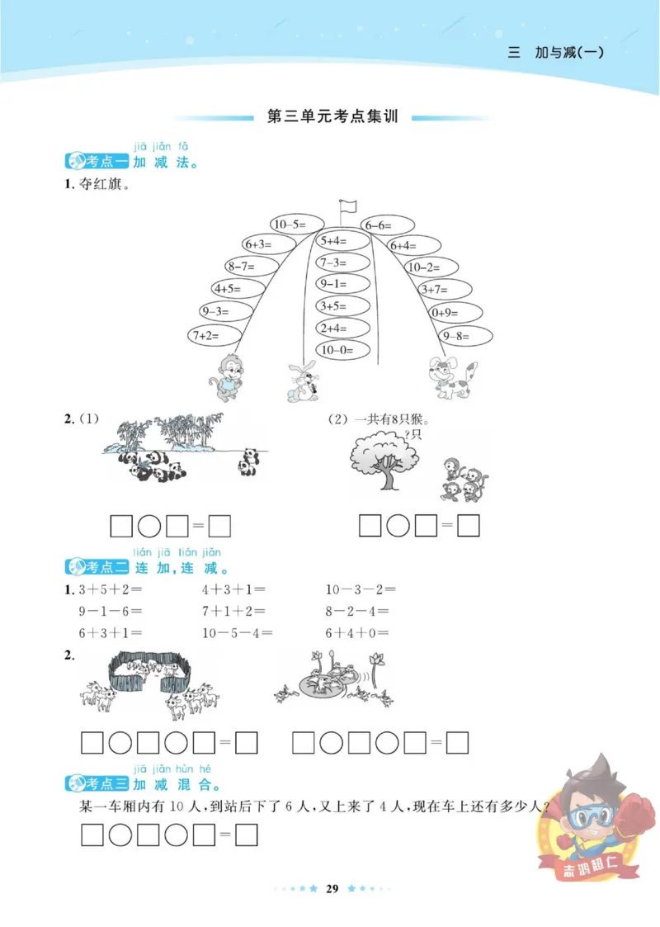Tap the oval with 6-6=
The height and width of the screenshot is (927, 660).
coord(385,225)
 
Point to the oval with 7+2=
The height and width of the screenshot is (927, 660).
coord(214,335)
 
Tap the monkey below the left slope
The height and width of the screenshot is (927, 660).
coord(224,377)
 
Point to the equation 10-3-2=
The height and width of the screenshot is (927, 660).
coord(361,589)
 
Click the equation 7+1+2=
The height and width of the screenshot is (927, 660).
coord(233,612)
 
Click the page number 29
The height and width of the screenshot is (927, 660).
coord(332,888)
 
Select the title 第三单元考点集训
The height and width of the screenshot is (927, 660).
coord(333,117)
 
